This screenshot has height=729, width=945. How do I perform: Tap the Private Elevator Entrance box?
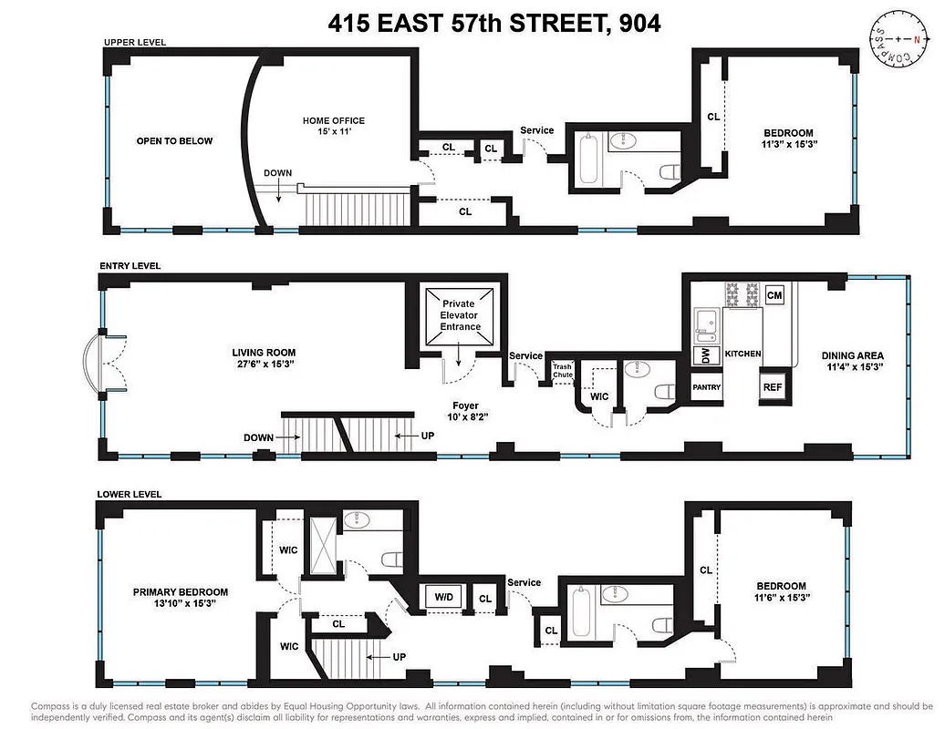460,314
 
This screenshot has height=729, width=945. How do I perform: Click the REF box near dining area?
774,386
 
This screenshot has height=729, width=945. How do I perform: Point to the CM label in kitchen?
774,295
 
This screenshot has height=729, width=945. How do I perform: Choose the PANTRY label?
706,387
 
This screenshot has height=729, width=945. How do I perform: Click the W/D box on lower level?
444,598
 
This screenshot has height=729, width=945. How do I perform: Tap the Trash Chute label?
562,371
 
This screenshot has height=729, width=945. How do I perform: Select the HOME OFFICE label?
334,120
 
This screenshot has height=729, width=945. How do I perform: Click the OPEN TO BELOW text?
174,141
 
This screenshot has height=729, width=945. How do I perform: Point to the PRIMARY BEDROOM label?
180,592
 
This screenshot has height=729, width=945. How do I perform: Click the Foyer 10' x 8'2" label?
465,412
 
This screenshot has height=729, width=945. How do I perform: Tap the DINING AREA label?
852,356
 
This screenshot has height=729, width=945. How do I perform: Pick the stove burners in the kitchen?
742,294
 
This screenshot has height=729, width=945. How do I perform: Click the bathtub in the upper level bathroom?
587,159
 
